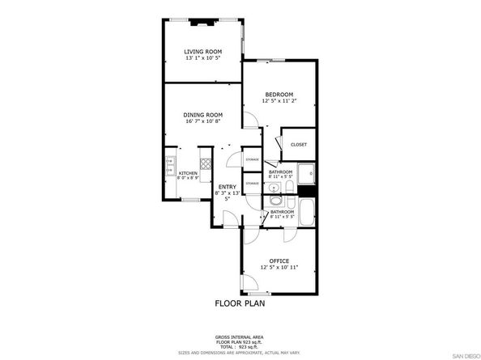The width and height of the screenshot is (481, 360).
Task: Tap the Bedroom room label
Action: tap(279, 93)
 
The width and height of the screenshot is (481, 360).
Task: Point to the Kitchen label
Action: tap(187, 173)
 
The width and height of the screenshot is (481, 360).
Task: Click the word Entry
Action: tap(227, 188)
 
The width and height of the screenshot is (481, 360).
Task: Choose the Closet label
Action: tap(299, 145)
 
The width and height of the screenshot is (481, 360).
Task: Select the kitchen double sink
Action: tap(170, 166)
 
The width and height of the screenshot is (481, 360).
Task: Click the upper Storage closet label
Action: tap(253, 160)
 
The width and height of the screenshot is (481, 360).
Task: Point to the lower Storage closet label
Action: tap(253, 184)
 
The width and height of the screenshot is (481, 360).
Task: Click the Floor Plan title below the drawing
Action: tap(240, 304)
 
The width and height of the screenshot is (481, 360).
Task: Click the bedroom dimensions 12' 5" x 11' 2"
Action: tap(279, 100)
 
